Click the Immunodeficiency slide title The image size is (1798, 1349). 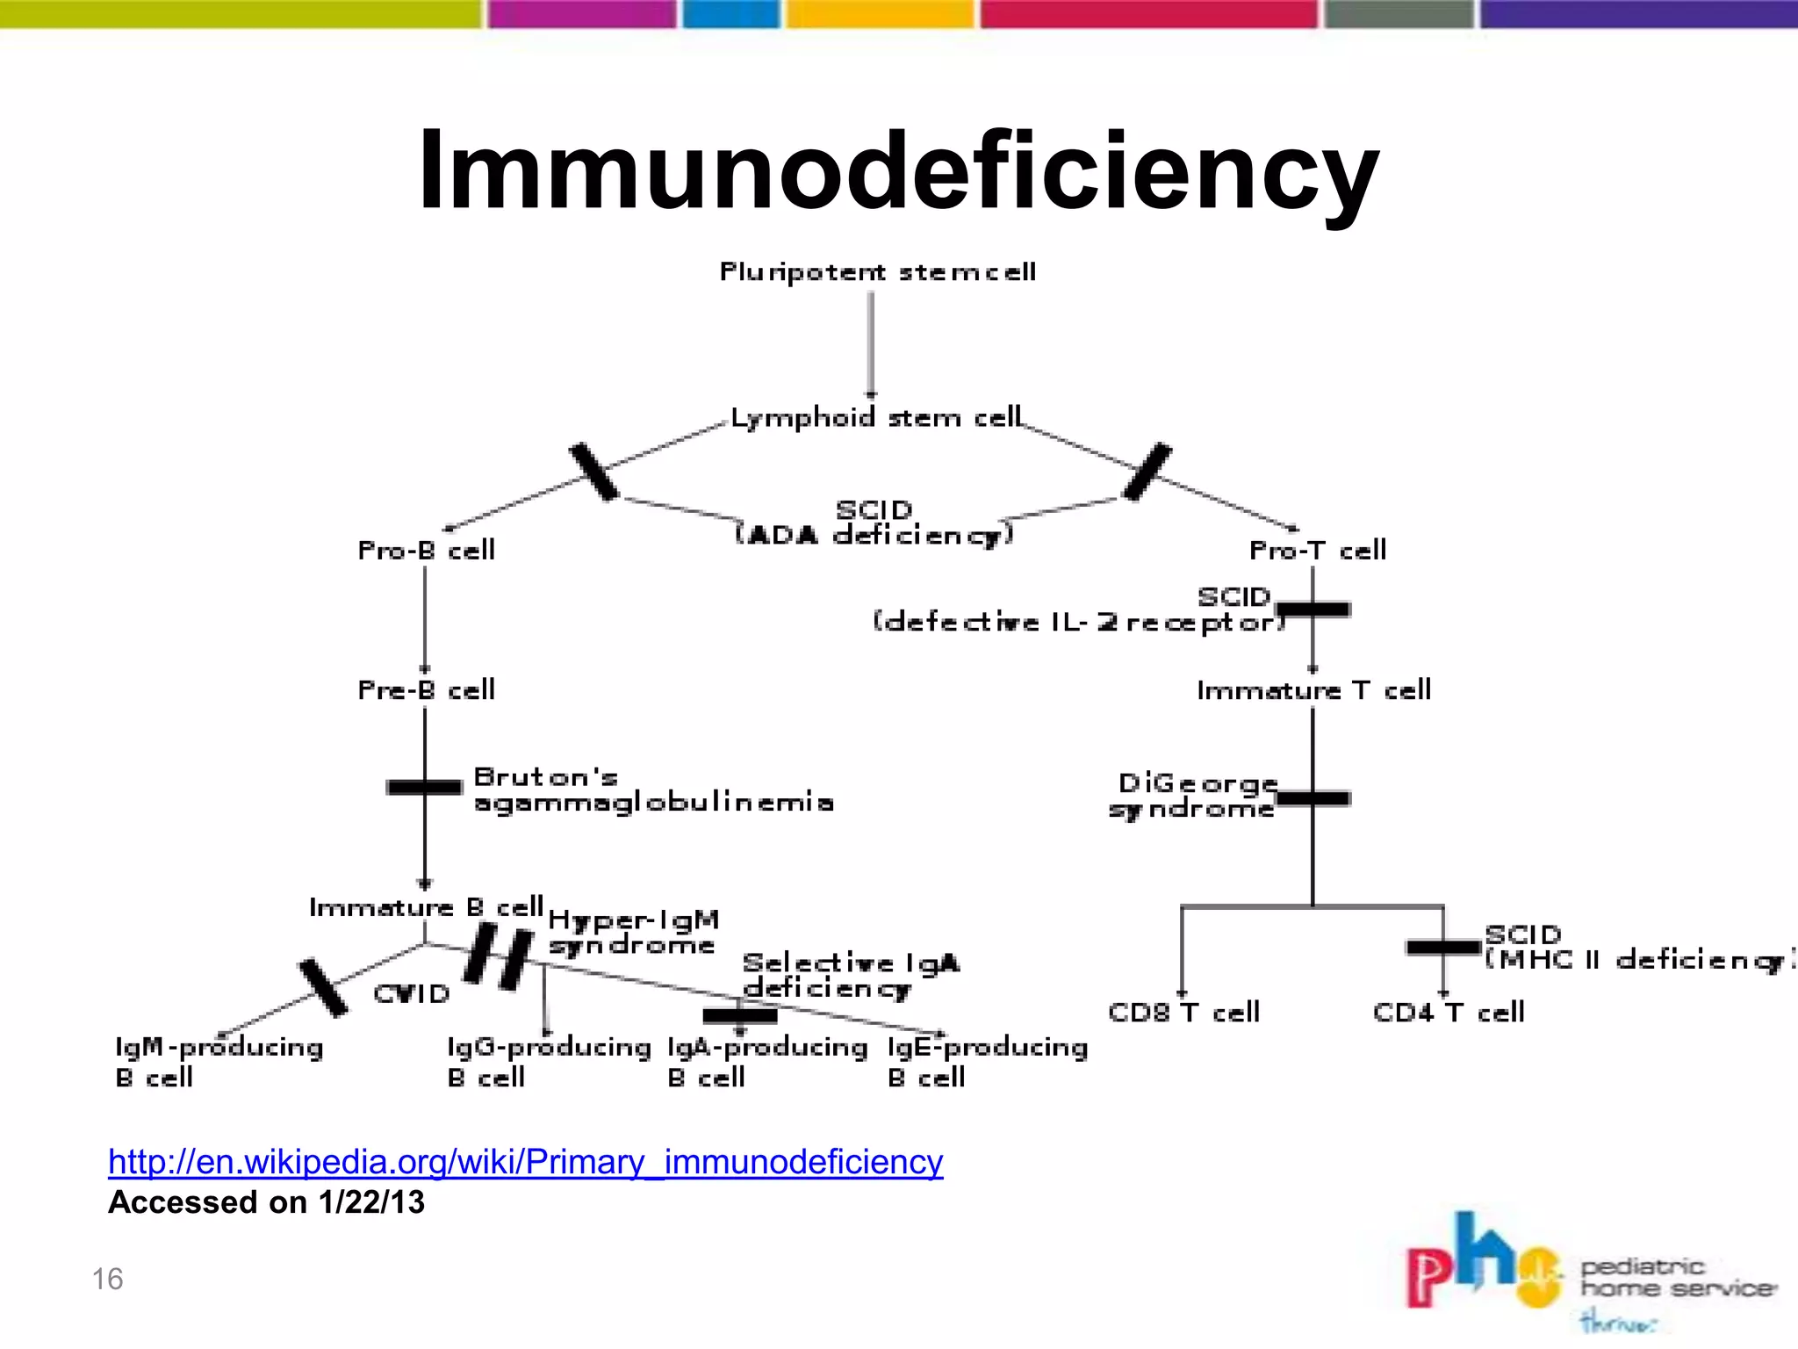click(898, 171)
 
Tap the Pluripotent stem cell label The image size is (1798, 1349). click(878, 272)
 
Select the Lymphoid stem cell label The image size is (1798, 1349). click(876, 417)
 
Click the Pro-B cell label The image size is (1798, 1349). click(427, 551)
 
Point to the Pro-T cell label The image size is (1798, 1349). click(1318, 551)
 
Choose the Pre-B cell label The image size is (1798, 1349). click(427, 690)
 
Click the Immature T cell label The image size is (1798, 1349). click(1313, 690)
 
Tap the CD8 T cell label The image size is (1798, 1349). click(1183, 1013)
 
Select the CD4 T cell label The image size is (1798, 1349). click(1449, 1013)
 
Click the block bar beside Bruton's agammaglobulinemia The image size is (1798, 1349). click(424, 787)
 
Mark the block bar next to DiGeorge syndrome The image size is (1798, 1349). click(1313, 798)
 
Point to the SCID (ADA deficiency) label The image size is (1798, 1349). click(874, 523)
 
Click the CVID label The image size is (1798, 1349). click(412, 994)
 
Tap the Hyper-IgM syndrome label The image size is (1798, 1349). click(633, 933)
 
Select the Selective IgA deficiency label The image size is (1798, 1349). click(850, 976)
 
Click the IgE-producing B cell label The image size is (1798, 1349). click(987, 1062)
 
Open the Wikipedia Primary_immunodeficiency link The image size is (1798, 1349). click(525, 1162)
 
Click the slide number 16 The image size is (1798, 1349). click(107, 1280)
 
